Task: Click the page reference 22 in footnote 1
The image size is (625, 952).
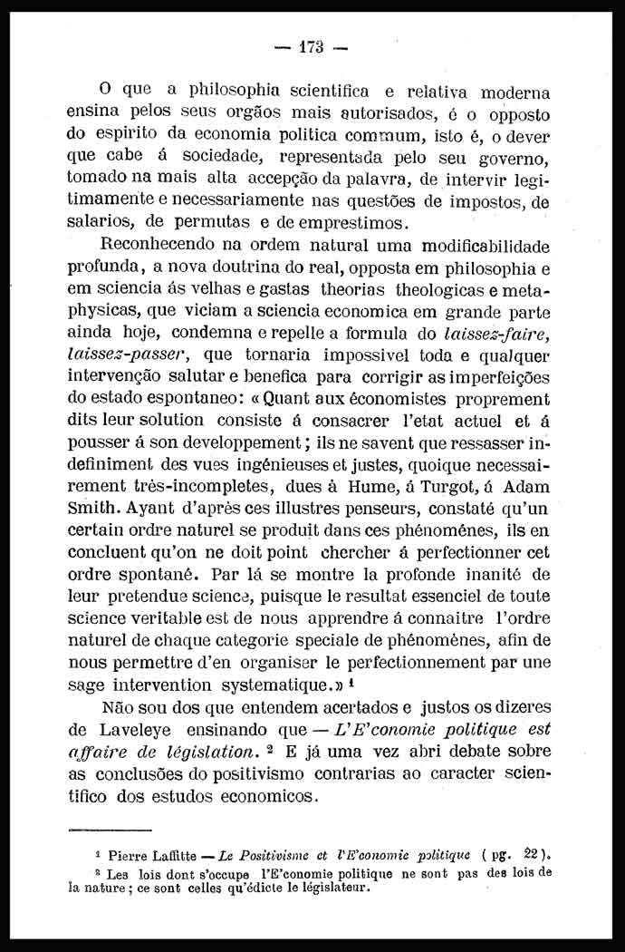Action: pos(537,855)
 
